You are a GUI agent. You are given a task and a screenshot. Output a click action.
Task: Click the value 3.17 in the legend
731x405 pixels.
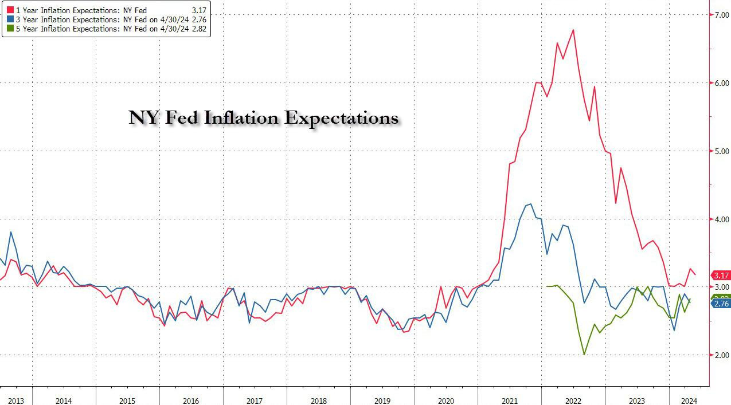click(x=199, y=10)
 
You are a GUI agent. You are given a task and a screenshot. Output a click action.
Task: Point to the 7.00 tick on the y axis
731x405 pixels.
click(x=720, y=15)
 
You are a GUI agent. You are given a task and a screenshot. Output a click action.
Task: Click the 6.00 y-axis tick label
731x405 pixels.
click(x=720, y=83)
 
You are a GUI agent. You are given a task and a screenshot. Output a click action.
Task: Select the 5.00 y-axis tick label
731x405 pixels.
click(x=720, y=151)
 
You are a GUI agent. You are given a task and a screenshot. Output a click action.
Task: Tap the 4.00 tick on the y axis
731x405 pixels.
click(x=720, y=219)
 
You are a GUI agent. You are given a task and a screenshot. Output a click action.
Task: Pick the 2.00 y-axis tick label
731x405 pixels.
click(x=720, y=355)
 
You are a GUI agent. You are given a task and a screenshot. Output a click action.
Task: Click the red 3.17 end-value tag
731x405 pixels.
click(x=721, y=276)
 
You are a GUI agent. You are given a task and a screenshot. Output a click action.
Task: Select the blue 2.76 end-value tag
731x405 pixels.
click(x=721, y=304)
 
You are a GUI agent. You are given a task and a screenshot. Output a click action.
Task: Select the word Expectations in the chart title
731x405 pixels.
click(x=341, y=118)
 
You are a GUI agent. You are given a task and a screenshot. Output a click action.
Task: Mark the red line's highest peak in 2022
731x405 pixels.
click(x=573, y=30)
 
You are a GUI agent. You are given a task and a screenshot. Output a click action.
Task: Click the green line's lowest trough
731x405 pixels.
click(x=584, y=354)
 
